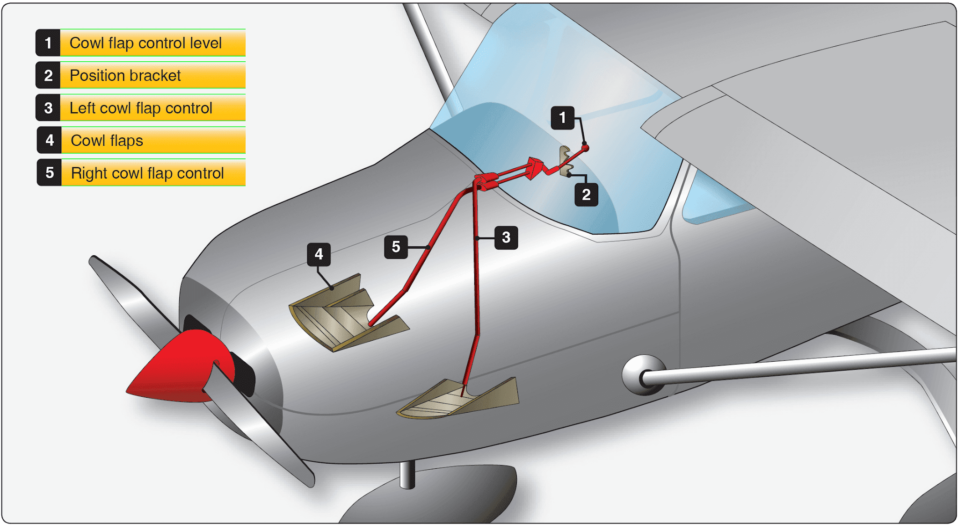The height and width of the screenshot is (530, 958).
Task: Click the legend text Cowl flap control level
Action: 145,43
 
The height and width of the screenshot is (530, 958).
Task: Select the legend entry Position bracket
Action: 125,76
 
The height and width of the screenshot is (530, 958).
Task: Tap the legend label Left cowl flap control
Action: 141,108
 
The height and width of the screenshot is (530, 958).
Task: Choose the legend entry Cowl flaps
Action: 107,140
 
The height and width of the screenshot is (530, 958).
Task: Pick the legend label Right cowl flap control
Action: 147,173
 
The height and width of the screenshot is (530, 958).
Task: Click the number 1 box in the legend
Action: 48,43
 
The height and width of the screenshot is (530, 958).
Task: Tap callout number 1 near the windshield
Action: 562,118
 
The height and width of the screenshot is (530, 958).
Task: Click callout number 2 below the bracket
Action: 586,194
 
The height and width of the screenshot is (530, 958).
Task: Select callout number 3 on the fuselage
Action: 506,237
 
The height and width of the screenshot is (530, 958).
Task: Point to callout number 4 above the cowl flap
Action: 319,254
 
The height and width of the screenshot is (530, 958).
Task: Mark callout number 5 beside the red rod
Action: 396,247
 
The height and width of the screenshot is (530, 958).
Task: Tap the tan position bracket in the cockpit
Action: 566,161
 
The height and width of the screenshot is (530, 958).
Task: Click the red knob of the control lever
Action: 585,148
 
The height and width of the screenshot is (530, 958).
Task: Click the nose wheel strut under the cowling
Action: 407,474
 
